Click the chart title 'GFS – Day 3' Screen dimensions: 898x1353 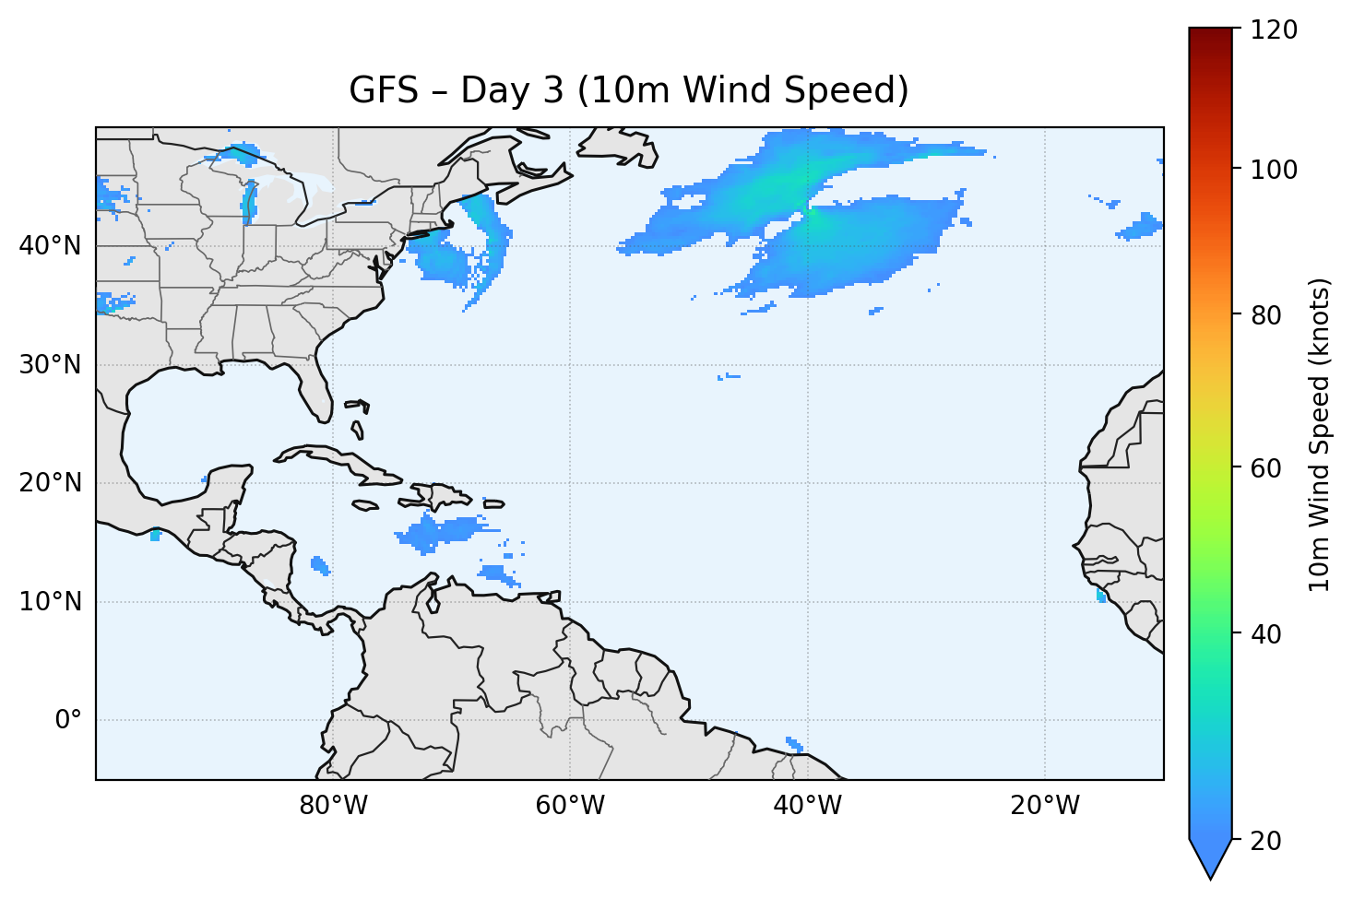(629, 90)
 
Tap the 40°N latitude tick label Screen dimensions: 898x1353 (50, 246)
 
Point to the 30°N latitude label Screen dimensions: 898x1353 (50, 365)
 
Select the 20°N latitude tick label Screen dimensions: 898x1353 (50, 483)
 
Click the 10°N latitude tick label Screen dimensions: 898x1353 (50, 602)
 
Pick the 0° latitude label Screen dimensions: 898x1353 (67, 720)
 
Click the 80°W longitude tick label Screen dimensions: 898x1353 (333, 806)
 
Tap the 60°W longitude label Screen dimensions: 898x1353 (570, 806)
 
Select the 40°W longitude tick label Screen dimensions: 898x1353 (807, 806)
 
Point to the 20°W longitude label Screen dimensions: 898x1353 (1044, 806)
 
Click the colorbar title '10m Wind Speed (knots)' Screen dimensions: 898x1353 (1320, 434)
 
